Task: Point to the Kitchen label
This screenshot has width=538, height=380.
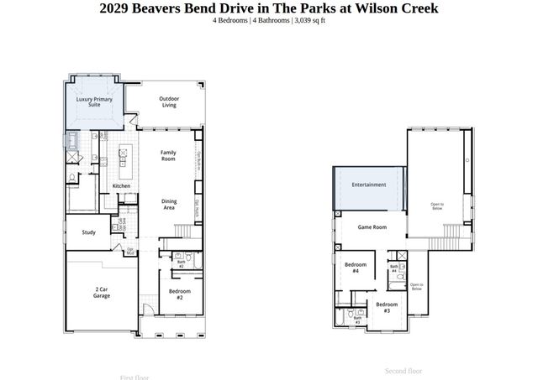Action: (121, 185)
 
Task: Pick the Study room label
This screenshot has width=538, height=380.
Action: (88, 232)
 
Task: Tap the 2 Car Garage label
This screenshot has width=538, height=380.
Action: (102, 293)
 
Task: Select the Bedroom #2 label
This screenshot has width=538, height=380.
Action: (180, 294)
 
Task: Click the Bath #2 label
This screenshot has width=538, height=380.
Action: (181, 264)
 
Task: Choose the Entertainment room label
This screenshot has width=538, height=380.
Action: (368, 185)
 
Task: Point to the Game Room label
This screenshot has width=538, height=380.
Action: (372, 227)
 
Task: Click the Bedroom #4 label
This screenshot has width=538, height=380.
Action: (355, 268)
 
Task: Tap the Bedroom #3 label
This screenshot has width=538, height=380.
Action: (386, 307)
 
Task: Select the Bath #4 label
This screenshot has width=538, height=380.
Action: (393, 269)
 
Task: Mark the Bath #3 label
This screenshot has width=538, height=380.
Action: (357, 320)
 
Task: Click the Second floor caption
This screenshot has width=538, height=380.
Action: (403, 371)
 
